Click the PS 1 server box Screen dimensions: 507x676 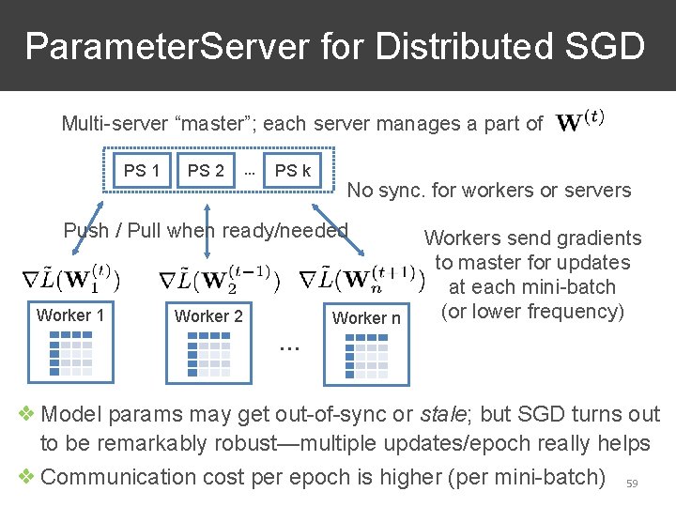click(x=142, y=171)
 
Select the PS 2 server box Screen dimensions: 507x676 click(x=206, y=171)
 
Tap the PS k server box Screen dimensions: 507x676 click(x=293, y=171)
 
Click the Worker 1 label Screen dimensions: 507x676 click(x=70, y=315)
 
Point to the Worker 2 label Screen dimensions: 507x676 click(x=208, y=316)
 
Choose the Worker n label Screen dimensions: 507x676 click(x=366, y=318)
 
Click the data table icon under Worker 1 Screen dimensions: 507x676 click(x=70, y=353)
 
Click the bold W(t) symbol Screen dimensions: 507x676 click(x=580, y=122)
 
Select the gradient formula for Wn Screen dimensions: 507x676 click(x=362, y=279)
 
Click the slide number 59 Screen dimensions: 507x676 click(x=632, y=484)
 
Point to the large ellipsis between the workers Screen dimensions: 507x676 click(x=289, y=348)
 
